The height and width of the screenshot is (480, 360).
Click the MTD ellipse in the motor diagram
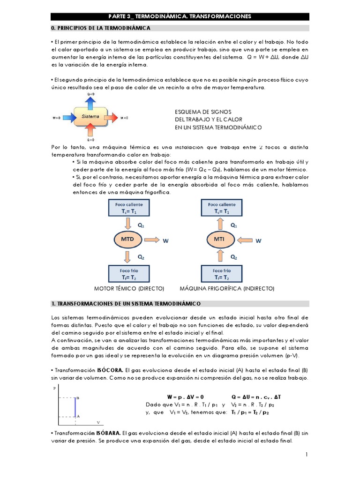127,240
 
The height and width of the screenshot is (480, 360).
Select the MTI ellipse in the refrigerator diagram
219,240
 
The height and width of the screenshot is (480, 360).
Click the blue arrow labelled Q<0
90,101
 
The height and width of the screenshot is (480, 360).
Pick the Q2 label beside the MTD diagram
141,257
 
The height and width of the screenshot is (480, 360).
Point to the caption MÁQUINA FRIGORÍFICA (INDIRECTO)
227,288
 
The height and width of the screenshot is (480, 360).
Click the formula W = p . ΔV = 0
186,397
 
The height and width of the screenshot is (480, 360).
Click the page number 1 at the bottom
306,454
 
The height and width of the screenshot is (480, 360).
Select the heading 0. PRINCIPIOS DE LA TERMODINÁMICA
101,29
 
